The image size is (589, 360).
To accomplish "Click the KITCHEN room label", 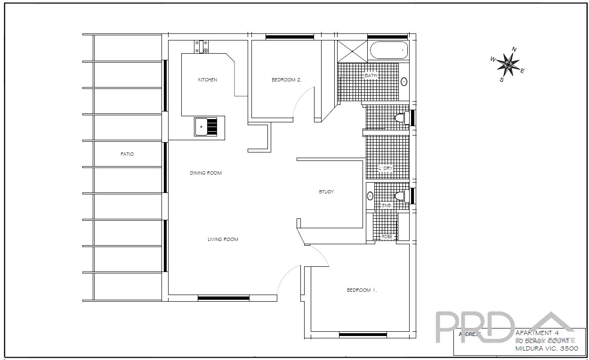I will click(208, 80).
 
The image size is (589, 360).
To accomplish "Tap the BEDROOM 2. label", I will click(286, 80).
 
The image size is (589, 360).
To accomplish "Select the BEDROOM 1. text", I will click(362, 290).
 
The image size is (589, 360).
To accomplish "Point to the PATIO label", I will click(127, 154).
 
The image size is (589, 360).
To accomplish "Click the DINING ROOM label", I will click(206, 173).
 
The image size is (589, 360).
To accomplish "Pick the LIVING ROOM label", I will click(223, 240).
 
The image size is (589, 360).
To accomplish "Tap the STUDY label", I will click(326, 192).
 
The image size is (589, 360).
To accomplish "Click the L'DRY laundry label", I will click(386, 168).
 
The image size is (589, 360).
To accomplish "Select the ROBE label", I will click(387, 236).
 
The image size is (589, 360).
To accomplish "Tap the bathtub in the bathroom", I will click(389, 50).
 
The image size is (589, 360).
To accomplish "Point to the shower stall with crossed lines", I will click(352, 51).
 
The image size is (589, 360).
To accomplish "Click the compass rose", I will click(508, 64).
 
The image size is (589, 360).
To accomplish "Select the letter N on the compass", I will click(515, 49).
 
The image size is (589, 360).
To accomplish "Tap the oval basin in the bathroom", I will click(404, 81).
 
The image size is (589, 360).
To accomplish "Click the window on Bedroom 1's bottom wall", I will click(363, 335).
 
